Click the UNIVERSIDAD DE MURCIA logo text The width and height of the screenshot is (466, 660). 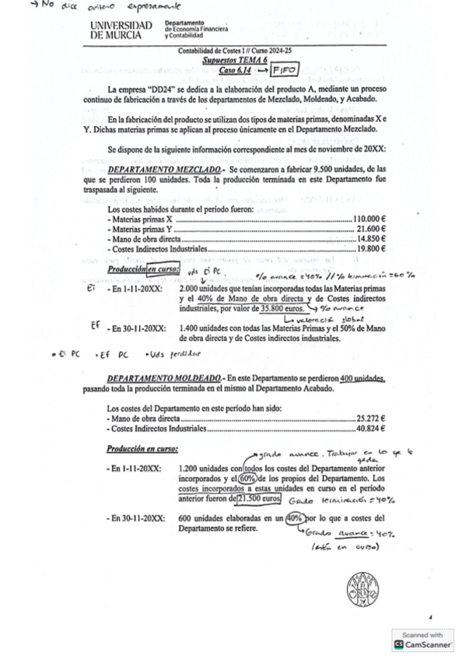click(x=121, y=30)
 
